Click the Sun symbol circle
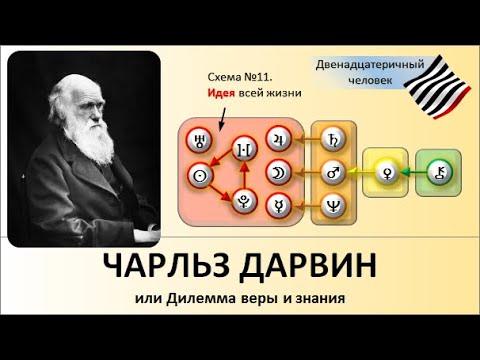[x=200, y=174]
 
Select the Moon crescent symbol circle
[x=276, y=172]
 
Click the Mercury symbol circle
[x=276, y=206]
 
